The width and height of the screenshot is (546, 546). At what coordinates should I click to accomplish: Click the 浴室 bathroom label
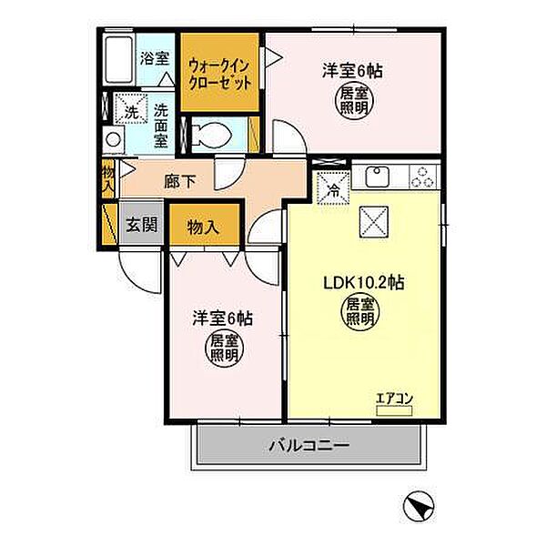click(x=154, y=58)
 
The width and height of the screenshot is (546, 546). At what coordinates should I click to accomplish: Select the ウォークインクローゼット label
click(x=218, y=72)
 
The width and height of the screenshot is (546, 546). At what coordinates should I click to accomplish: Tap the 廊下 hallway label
click(x=179, y=181)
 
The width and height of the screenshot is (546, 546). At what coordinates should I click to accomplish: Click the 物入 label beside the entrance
click(x=202, y=227)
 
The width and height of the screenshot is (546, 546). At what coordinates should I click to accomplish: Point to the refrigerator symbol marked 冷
click(x=333, y=191)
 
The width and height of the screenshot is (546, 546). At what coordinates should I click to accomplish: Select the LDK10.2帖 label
click(x=361, y=283)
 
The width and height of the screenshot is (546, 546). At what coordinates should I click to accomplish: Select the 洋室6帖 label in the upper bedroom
click(x=349, y=69)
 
